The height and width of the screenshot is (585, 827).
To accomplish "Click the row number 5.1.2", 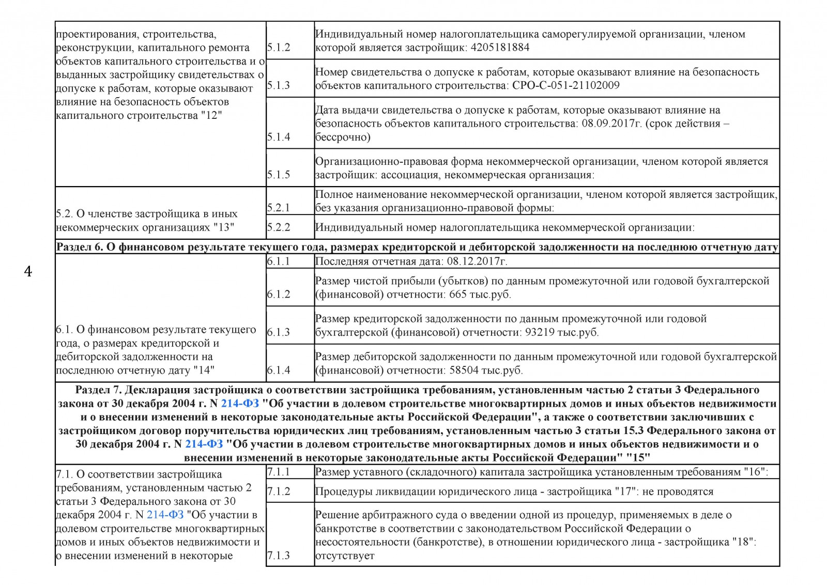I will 279,48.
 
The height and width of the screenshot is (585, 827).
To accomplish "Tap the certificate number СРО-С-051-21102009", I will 565,85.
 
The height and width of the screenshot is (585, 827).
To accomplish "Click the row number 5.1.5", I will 279,175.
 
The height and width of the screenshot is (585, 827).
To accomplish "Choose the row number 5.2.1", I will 279,208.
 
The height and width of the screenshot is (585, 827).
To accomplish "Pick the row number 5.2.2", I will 279,227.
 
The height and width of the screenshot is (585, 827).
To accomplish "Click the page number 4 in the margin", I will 28,271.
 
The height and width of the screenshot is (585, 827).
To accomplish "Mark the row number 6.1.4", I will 279,371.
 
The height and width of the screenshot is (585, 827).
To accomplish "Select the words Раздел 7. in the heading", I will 98,390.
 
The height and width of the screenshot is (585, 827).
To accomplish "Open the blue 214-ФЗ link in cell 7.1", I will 165,515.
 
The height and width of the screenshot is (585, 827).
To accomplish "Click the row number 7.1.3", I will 279,556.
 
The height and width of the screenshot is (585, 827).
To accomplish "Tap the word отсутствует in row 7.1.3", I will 345,556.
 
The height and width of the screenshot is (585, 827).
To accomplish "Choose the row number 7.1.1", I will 279,472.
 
